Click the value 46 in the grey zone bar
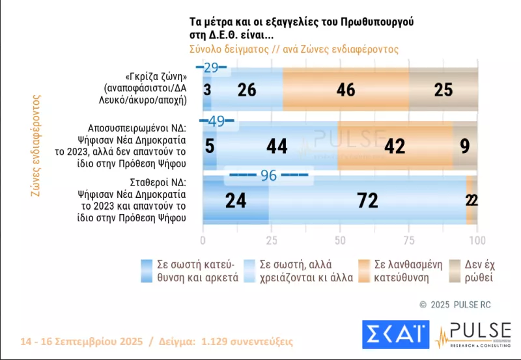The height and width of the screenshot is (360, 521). (346, 90)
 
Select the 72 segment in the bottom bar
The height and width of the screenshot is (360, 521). (368, 201)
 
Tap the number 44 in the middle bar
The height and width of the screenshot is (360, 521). (277, 146)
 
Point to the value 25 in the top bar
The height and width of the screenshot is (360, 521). (444, 90)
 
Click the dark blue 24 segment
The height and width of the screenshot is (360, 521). (236, 201)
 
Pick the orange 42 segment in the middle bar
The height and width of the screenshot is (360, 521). (395, 146)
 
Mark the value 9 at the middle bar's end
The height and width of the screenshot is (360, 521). (464, 146)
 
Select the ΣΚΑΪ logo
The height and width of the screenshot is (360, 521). (395, 335)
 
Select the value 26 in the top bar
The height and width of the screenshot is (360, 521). (246, 90)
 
